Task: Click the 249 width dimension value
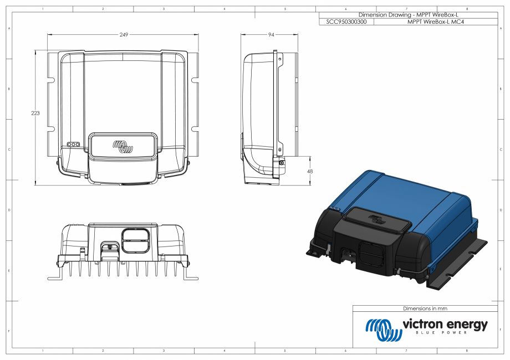[x=124, y=35]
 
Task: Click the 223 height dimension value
[x=35, y=113]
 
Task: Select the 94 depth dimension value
[x=271, y=35]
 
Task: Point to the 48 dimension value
[x=309, y=172]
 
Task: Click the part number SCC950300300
[x=347, y=22]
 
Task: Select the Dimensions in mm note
[x=425, y=308]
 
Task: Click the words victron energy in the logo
[x=445, y=324]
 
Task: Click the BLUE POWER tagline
[x=445, y=333]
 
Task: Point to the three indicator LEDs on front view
[x=73, y=144]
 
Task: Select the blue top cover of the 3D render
[x=421, y=199]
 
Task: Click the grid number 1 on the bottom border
[x=43, y=351]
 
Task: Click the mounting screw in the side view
[x=281, y=162]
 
